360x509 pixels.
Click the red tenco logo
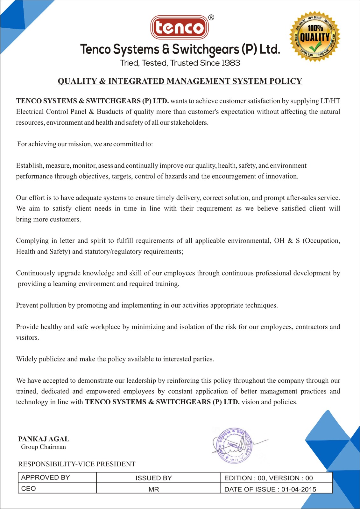179,27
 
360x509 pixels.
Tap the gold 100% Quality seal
314,37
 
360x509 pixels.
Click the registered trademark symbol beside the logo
211,17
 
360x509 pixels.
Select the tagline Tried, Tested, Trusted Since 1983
180,63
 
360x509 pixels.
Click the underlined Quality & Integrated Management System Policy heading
180,81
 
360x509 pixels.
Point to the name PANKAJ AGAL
44,439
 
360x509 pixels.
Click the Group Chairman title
43,447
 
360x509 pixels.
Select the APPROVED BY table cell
57,478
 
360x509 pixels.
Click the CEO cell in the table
57,488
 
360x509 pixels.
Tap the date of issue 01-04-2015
299,489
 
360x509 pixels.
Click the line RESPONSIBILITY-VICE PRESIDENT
77,464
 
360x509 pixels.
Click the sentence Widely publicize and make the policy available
115,359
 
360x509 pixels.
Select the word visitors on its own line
27,338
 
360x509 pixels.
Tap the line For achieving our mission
85,144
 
